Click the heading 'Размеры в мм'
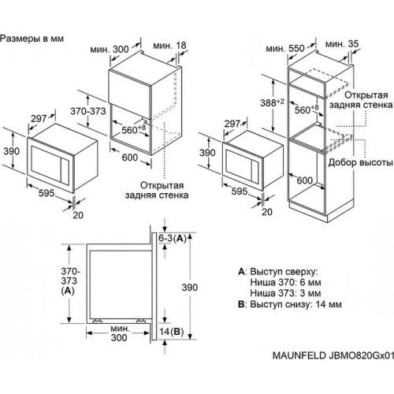tap(33, 38)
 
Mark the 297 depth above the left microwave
tap(39, 117)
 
